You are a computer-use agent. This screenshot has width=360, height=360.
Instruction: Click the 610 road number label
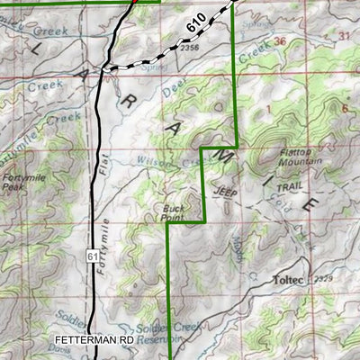pyautogui.click(x=198, y=24)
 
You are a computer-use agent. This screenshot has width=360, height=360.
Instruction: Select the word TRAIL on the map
pyautogui.click(x=283, y=187)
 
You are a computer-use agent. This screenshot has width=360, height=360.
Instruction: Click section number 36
pyautogui.click(x=281, y=41)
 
